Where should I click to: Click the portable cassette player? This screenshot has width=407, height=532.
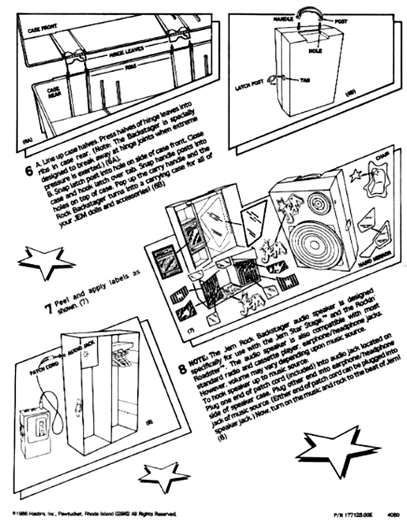[36, 431]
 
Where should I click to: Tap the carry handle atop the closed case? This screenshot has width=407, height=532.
[310, 13]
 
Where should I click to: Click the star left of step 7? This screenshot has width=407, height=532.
[46, 260]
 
